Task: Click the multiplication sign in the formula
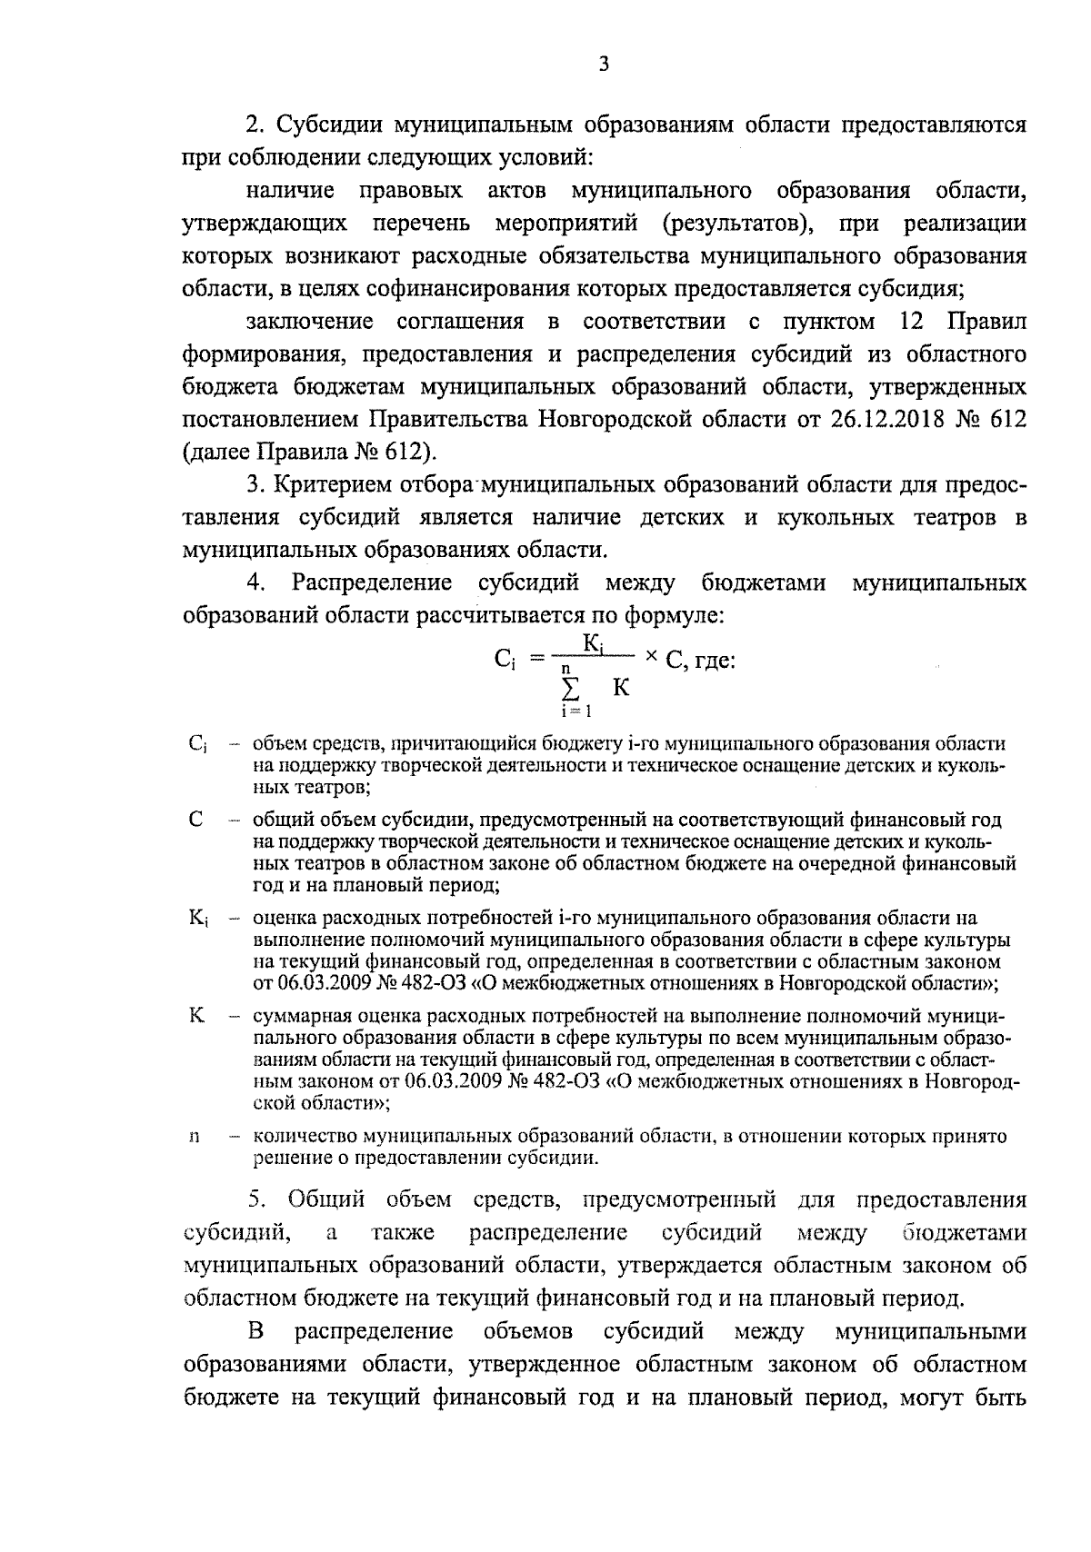click(x=650, y=659)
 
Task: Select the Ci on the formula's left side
click(x=505, y=661)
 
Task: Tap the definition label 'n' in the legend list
click(x=194, y=1137)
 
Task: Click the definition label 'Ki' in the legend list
click(x=198, y=919)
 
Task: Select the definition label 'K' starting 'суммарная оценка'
click(x=196, y=1016)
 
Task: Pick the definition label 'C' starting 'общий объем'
click(x=195, y=820)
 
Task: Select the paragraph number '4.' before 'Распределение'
click(x=255, y=582)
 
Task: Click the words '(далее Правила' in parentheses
click(x=265, y=451)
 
